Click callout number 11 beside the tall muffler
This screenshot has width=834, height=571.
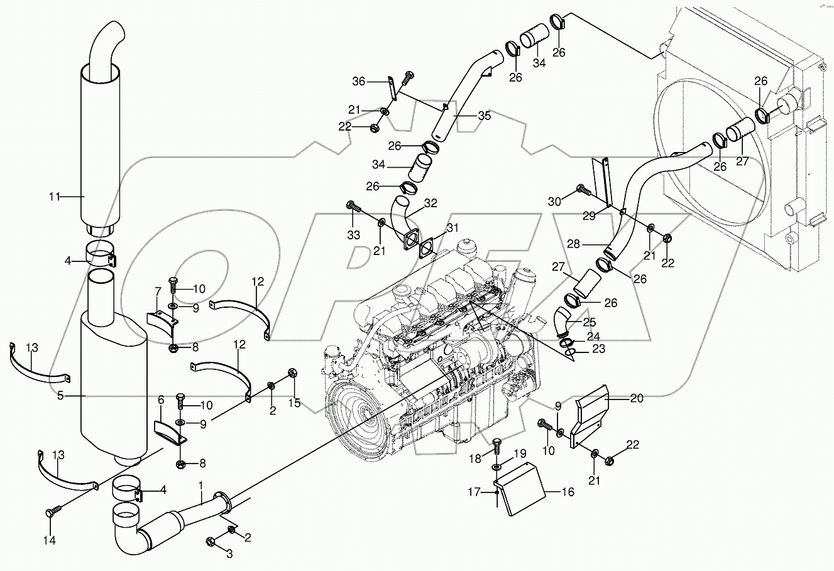pos(55,197)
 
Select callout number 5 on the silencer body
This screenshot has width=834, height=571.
pos(60,396)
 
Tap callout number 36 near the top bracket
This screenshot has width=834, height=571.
pos(359,81)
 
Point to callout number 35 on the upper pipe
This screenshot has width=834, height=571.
pos(484,116)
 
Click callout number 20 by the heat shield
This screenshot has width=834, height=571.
pos(637,397)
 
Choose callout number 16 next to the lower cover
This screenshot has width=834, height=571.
pos(568,492)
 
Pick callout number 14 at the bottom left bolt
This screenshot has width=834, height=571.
pos(50,540)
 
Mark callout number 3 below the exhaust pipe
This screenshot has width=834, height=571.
pos(230,553)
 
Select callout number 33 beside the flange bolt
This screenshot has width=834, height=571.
pos(353,234)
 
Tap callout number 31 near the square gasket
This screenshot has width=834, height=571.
pos(453,228)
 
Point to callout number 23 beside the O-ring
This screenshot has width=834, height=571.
pos(598,349)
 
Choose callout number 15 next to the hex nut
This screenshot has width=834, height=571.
pos(295,402)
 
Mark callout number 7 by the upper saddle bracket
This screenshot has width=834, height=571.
pos(158,290)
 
